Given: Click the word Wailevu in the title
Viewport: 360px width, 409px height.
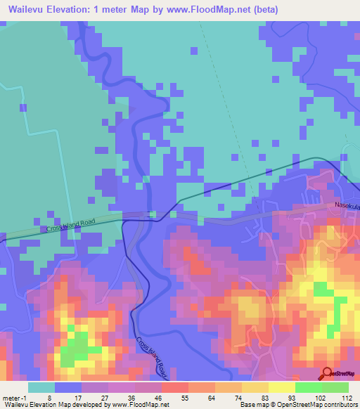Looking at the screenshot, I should (x=27, y=10).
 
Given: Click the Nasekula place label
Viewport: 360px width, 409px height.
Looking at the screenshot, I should (x=347, y=204).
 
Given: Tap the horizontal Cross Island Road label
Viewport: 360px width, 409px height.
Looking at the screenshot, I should (x=70, y=225).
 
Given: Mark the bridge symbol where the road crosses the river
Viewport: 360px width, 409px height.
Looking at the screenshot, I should (x=151, y=214).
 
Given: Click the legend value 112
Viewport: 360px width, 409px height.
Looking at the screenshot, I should (x=347, y=397).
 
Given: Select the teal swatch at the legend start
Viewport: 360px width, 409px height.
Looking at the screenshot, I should (x=41, y=387).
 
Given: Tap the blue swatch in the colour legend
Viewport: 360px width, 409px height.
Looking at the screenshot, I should (x=67, y=387).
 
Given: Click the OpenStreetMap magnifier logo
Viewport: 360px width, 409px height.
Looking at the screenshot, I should (x=328, y=372).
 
